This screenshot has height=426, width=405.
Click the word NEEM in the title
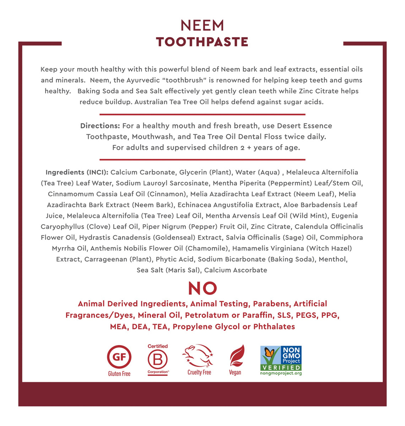[202, 26]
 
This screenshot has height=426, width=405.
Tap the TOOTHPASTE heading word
[202, 42]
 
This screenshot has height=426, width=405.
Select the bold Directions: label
[100, 126]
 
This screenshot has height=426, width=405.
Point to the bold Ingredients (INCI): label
[77, 172]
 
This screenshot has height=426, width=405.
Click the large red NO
[202, 288]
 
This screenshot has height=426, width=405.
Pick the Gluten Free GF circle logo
[119, 357]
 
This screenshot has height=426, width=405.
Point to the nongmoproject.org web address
[281, 373]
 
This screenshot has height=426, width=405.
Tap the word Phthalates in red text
[274, 327]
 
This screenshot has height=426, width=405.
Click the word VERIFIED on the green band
[281, 367]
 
